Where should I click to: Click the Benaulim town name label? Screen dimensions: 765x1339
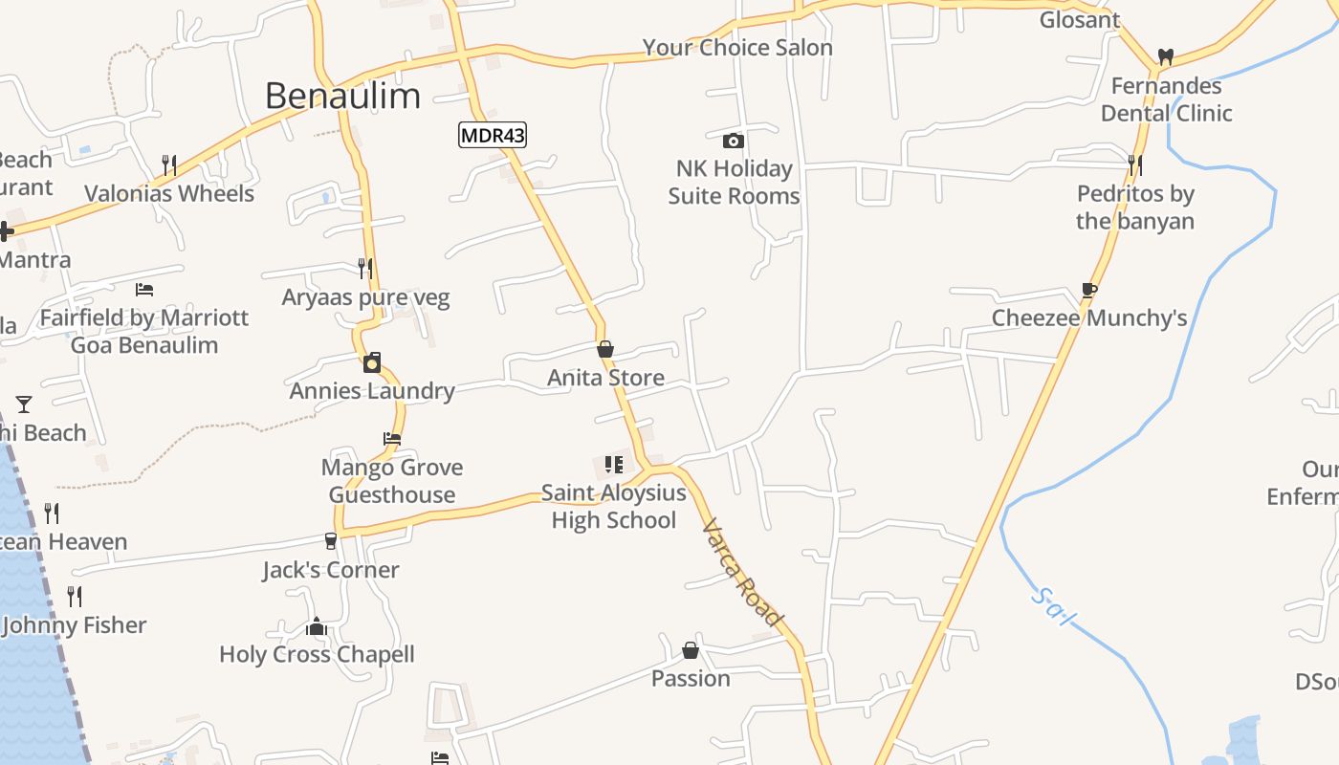(x=342, y=96)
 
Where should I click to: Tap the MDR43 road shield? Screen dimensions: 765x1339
(x=493, y=135)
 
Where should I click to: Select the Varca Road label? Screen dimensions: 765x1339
(x=742, y=573)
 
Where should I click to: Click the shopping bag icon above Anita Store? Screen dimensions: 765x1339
(x=604, y=349)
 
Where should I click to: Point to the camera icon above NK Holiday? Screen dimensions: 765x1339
(x=734, y=141)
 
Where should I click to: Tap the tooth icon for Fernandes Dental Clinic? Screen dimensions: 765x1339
(x=1165, y=56)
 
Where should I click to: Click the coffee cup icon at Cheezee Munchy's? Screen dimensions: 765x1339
(x=1088, y=290)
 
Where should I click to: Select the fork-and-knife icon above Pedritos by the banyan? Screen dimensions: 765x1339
(x=1134, y=165)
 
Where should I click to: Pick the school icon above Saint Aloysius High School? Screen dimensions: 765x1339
(x=613, y=465)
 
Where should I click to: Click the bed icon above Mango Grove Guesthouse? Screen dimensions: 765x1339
(x=392, y=439)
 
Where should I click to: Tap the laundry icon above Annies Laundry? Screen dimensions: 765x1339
(x=372, y=362)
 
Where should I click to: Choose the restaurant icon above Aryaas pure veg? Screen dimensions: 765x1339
(x=364, y=268)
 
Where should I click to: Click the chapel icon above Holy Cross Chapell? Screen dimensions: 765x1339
(x=317, y=626)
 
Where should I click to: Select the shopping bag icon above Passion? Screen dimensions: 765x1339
(x=691, y=650)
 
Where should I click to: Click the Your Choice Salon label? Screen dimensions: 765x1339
(x=737, y=47)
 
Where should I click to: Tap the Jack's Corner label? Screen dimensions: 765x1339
(x=331, y=570)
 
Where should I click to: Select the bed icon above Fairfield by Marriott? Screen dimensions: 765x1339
(x=144, y=289)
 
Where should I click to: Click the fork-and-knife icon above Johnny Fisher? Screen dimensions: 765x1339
(x=75, y=597)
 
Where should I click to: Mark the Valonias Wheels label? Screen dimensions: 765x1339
(x=169, y=193)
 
